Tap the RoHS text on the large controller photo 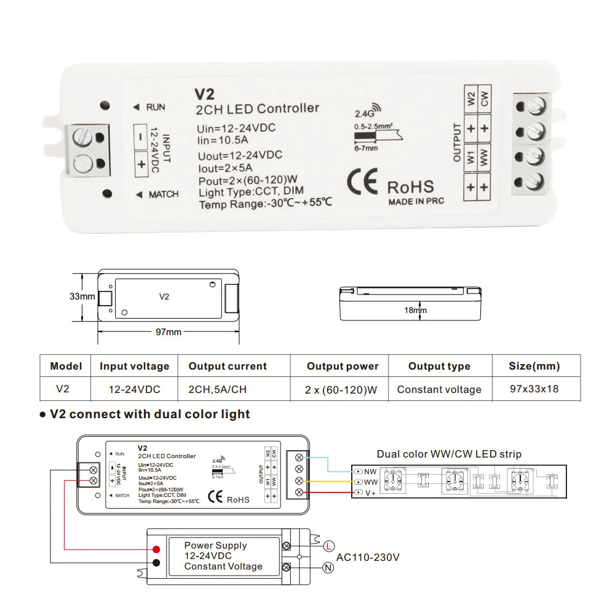point(410,187)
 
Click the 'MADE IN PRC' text point(416,201)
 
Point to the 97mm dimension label point(169,332)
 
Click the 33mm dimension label point(82,296)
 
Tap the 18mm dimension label point(415,311)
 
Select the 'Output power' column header point(343,367)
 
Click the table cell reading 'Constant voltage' point(439,389)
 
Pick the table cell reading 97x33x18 point(534,389)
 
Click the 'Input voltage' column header point(134,367)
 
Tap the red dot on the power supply point(157,549)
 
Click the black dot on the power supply point(157,563)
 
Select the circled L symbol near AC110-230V point(329,546)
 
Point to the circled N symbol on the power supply point(329,569)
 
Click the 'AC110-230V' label point(368,557)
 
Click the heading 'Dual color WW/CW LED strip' point(449,454)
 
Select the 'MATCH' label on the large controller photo point(163,194)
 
